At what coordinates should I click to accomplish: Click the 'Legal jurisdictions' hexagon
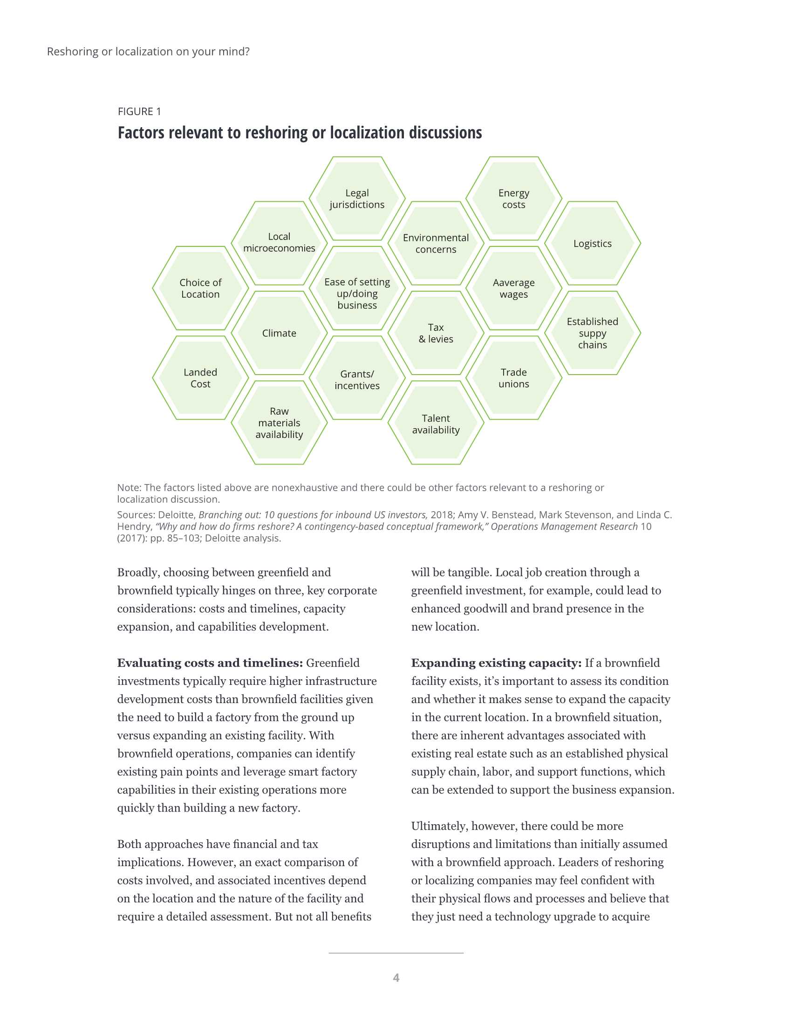point(356,198)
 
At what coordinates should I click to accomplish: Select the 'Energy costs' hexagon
point(513,198)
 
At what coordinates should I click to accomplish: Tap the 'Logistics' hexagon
point(592,243)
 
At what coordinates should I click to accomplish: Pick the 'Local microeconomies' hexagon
point(279,243)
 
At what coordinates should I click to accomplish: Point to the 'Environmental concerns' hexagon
point(436,243)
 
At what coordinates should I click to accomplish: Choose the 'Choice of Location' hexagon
point(200,288)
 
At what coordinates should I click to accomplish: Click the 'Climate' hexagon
point(279,333)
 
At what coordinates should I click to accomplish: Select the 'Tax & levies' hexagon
point(436,333)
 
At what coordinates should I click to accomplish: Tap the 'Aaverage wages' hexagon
point(513,288)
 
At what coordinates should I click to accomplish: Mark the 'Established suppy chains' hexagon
point(592,333)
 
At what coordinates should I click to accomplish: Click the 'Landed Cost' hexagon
point(200,378)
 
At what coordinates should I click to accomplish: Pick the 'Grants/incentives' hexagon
point(356,379)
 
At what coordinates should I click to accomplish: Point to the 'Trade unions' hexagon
point(513,378)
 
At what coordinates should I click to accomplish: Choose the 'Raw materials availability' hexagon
point(279,423)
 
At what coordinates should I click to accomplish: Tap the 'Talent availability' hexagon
point(436,424)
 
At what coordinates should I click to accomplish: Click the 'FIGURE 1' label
point(139,111)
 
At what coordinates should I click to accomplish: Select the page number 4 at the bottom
point(396,977)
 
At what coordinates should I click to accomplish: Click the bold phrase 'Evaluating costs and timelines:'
point(210,663)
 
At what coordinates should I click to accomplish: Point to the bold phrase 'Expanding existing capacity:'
point(496,663)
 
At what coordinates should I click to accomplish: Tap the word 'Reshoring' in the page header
point(73,51)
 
